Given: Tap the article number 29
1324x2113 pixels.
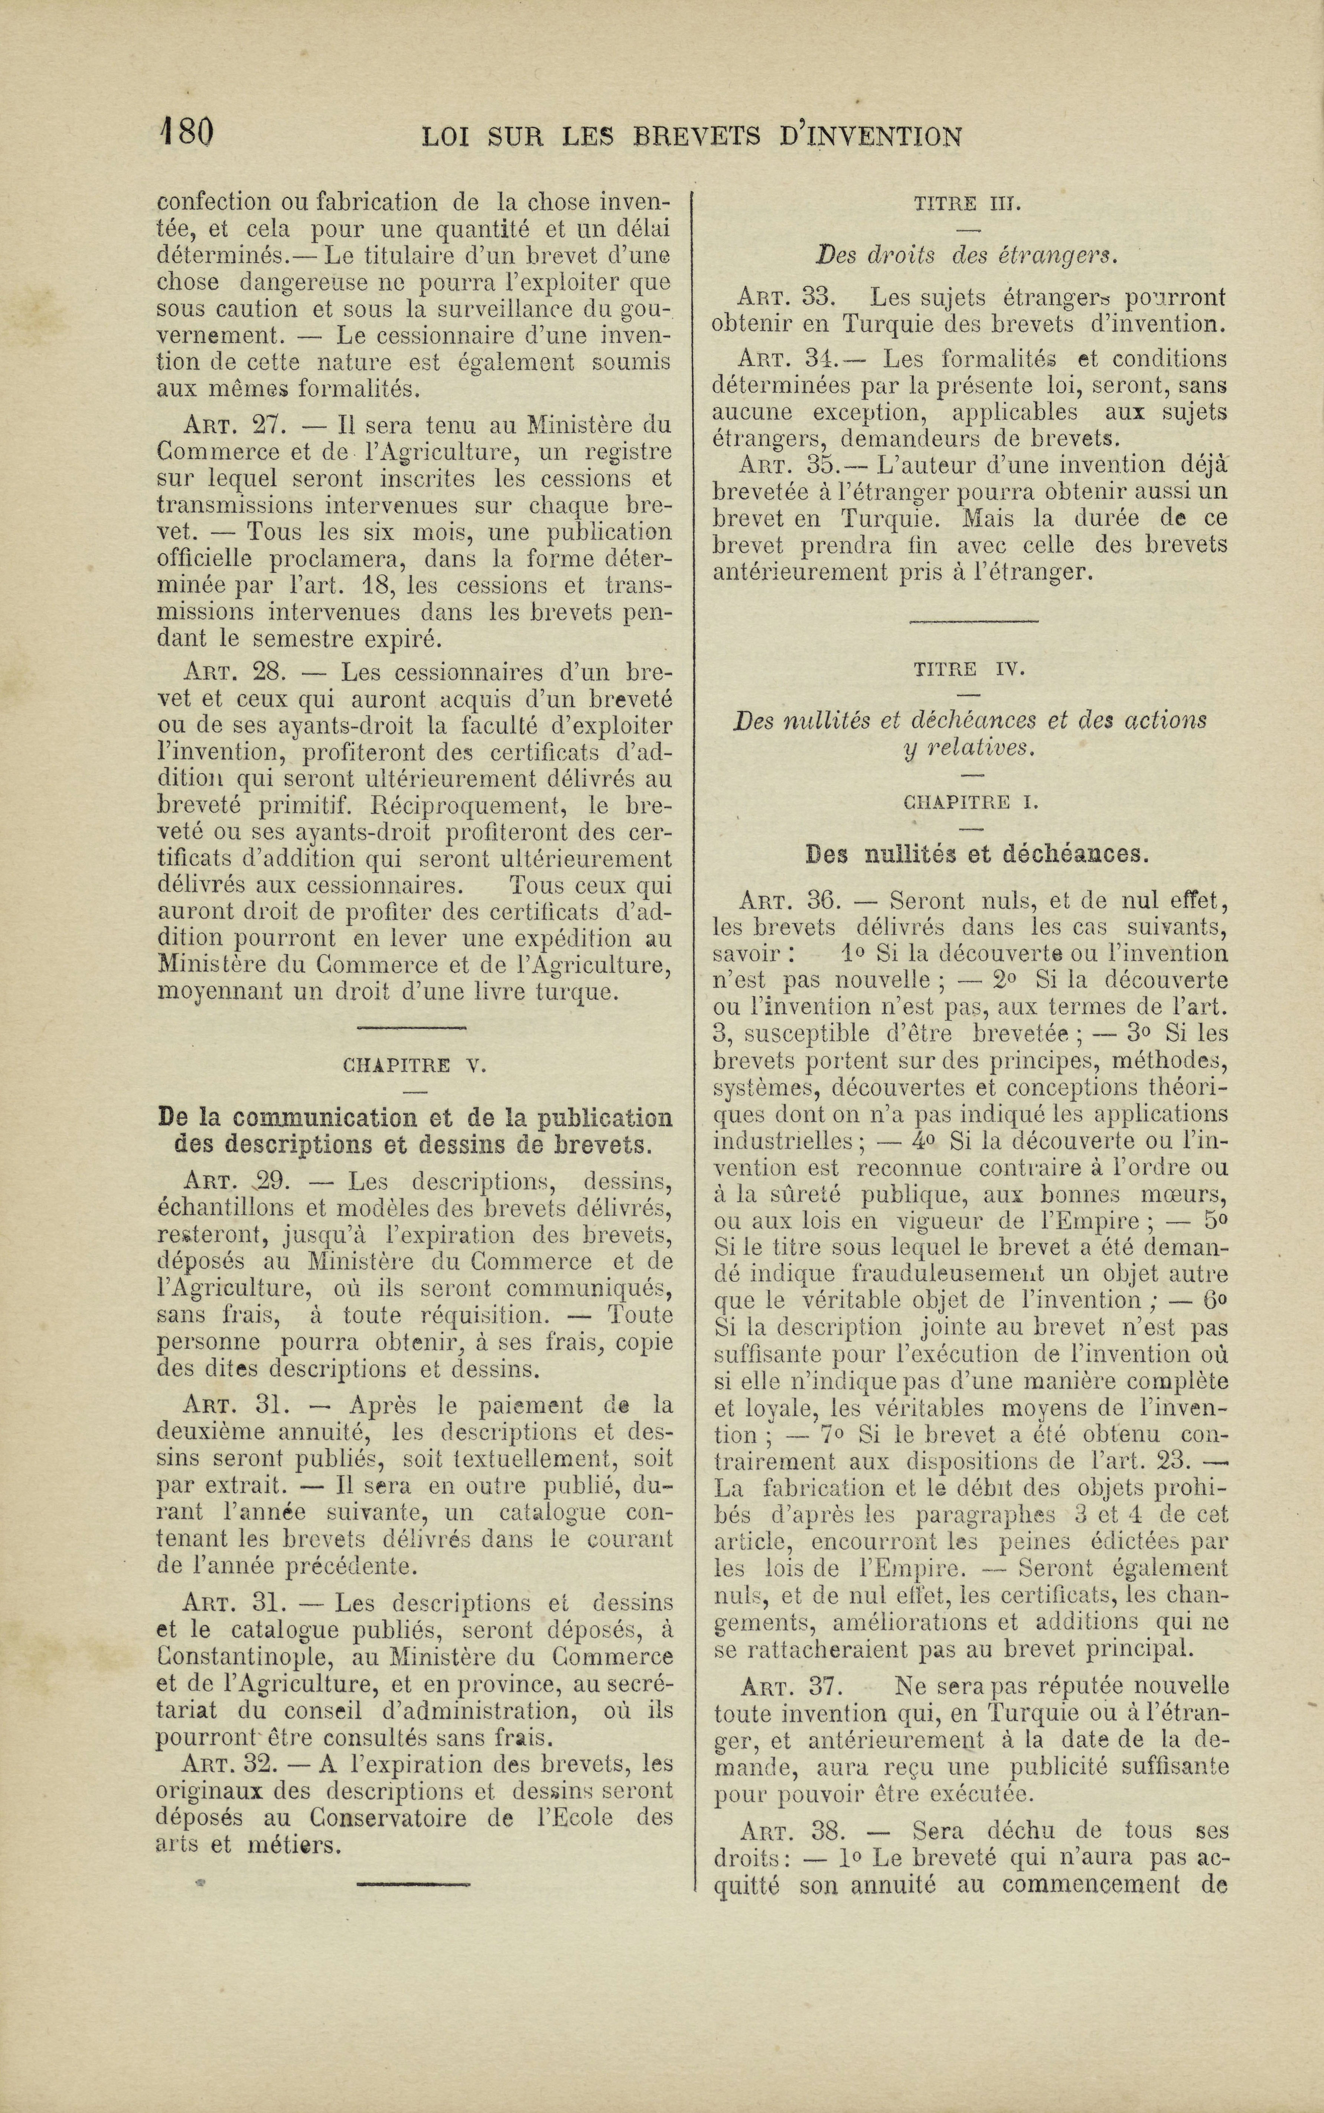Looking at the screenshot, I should pos(271,1181).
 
